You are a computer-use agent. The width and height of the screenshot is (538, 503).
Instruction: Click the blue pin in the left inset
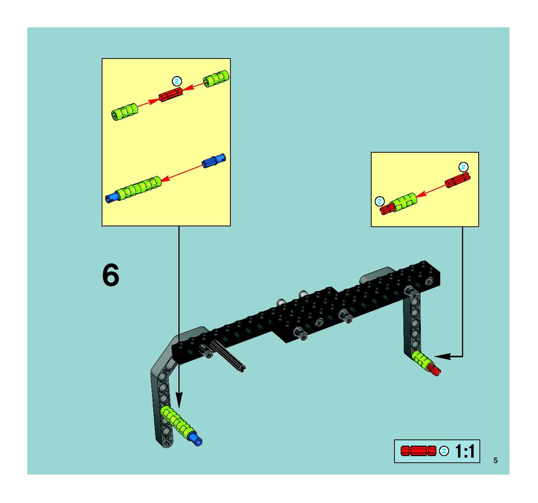coord(214,160)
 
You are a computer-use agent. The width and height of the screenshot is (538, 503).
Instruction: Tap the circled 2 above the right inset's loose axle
coord(463,167)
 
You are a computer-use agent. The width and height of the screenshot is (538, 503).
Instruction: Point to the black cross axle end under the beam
coord(242,368)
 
